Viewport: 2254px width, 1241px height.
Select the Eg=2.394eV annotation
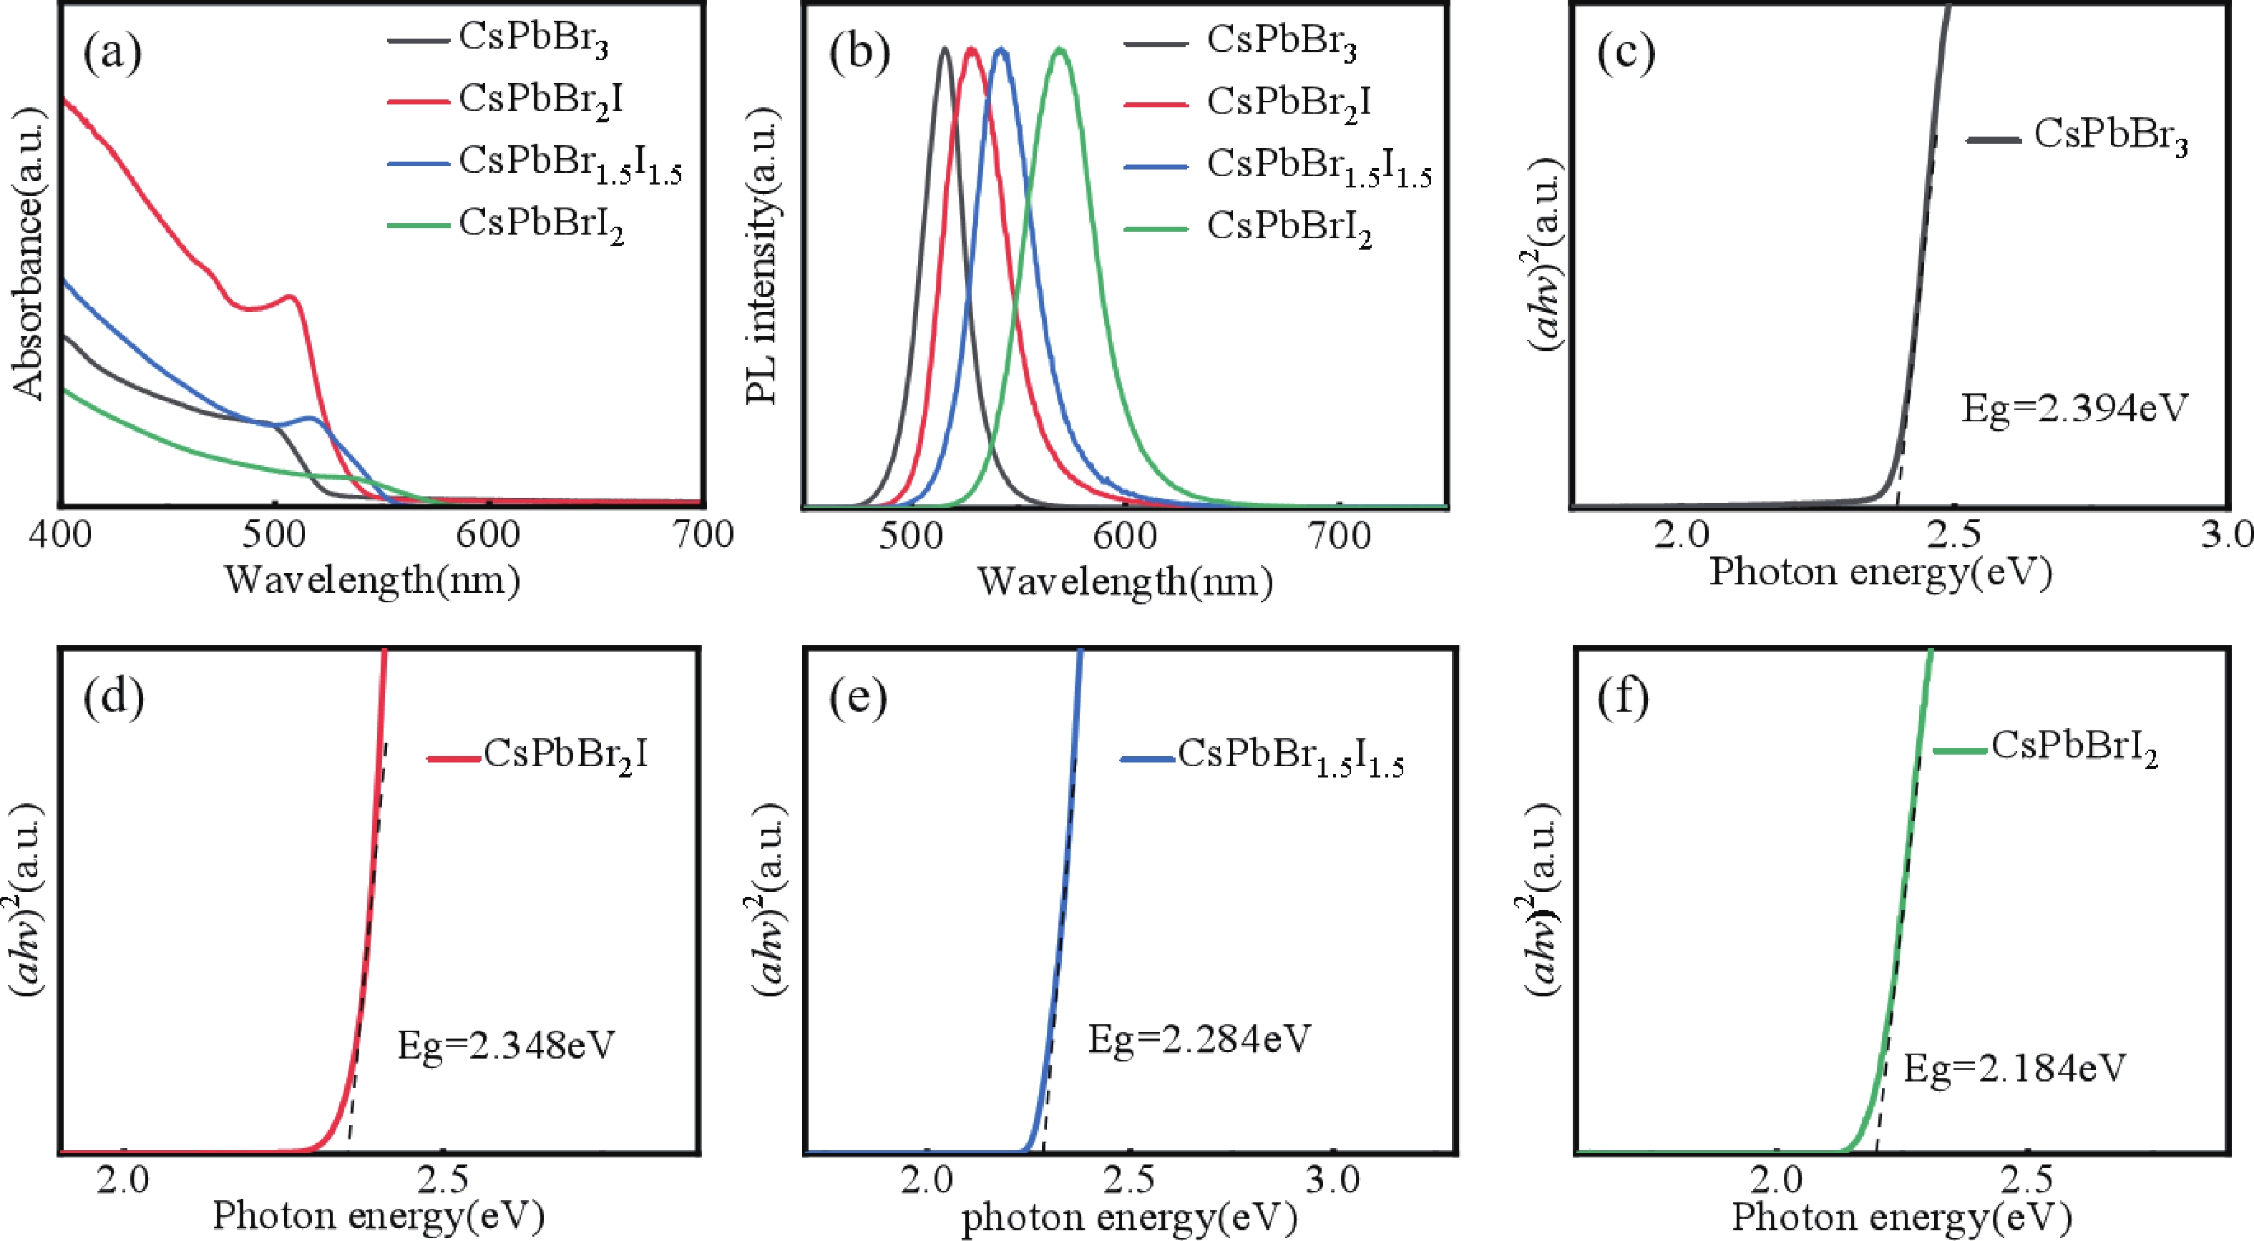[x=2074, y=408]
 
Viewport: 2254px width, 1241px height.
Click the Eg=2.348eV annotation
[x=506, y=1045]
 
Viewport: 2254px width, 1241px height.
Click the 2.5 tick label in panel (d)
[x=444, y=1179]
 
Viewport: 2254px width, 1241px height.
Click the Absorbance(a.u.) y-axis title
[x=28, y=254]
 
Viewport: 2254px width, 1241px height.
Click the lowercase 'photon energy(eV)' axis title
[x=1128, y=1217]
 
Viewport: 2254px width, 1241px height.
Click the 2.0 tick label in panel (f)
[x=1778, y=1179]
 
